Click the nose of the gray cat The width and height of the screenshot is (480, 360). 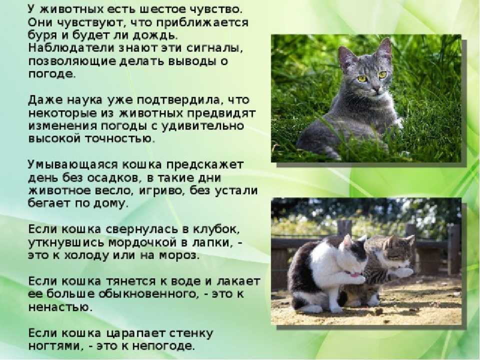[x=375, y=88]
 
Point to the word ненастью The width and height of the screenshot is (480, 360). [x=60, y=307]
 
